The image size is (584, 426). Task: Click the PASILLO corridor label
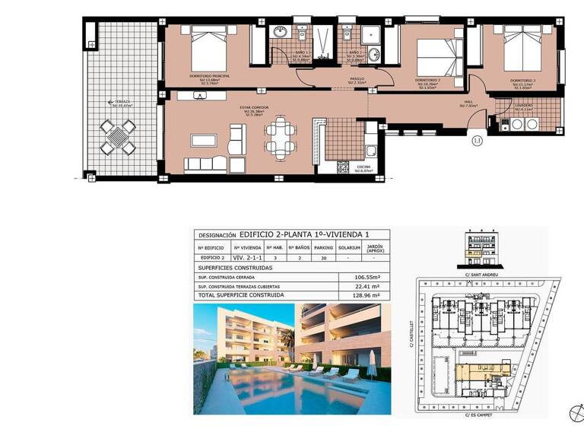coord(357,78)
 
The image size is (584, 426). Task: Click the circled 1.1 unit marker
coord(477,140)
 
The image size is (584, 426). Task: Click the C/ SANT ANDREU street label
coord(480,274)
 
